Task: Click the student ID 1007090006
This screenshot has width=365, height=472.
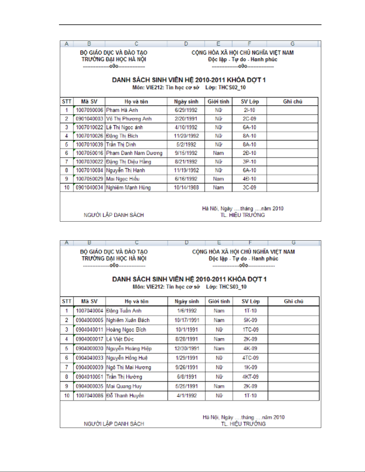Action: click(89, 110)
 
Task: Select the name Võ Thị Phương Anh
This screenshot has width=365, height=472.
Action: click(129, 119)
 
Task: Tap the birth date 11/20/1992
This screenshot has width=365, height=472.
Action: click(186, 136)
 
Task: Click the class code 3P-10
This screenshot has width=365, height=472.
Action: click(249, 162)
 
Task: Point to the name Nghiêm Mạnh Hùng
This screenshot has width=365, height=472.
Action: click(128, 188)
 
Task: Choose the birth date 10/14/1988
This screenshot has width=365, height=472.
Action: click(186, 188)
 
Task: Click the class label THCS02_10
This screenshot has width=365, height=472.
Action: click(232, 88)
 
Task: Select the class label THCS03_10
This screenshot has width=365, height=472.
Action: click(233, 287)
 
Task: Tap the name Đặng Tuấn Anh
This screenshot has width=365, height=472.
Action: click(124, 311)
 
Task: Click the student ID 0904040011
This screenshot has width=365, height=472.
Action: click(89, 330)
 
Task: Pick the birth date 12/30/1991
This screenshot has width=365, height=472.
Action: click(187, 348)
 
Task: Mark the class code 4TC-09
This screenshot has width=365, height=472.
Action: click(250, 358)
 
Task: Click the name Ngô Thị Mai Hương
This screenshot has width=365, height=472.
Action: click(129, 367)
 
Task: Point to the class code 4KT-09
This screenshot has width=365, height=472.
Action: click(250, 377)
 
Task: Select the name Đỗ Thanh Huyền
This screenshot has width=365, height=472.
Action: click(125, 395)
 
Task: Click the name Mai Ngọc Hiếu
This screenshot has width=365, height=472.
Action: click(123, 179)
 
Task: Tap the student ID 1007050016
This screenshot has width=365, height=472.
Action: click(89, 153)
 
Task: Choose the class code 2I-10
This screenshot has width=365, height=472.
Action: click(249, 110)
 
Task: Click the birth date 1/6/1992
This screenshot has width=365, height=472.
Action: click(187, 311)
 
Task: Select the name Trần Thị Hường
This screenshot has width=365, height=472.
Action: click(124, 377)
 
